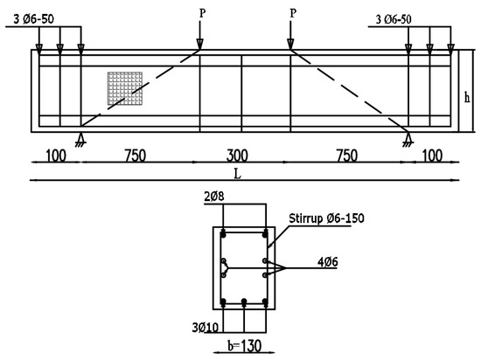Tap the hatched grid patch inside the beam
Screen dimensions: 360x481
pyautogui.click(x=123, y=88)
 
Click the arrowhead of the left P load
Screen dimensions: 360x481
pyautogui.click(x=200, y=46)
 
